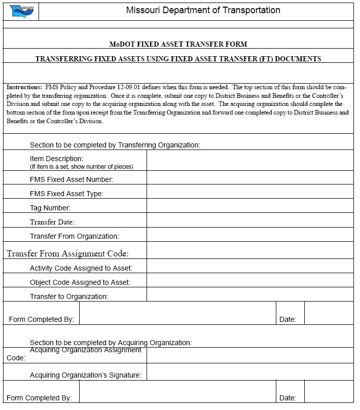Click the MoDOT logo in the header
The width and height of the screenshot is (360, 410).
click(x=21, y=11)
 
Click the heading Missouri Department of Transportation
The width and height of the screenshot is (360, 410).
click(x=203, y=10)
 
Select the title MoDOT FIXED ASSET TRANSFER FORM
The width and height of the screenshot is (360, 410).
click(x=178, y=44)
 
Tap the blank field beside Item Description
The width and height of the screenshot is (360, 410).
click(x=249, y=160)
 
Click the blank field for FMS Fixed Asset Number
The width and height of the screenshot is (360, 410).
click(x=249, y=177)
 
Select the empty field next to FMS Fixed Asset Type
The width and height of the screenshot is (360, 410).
click(x=249, y=192)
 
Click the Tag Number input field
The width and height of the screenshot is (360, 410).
click(x=249, y=206)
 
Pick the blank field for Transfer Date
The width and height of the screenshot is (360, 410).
click(x=249, y=220)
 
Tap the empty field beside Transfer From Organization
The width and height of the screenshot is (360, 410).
click(x=249, y=234)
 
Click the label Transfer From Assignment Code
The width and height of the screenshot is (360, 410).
click(x=67, y=253)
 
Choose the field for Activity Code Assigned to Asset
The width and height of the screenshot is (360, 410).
click(x=249, y=266)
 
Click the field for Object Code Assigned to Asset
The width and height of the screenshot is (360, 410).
click(x=249, y=280)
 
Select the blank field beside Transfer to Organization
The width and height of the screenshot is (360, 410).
click(x=249, y=294)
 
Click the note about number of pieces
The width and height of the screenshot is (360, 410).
click(x=81, y=167)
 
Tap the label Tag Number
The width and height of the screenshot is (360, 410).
click(x=50, y=208)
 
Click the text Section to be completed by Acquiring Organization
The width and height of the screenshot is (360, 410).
click(x=111, y=343)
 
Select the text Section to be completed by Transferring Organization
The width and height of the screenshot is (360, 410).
click(x=115, y=145)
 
